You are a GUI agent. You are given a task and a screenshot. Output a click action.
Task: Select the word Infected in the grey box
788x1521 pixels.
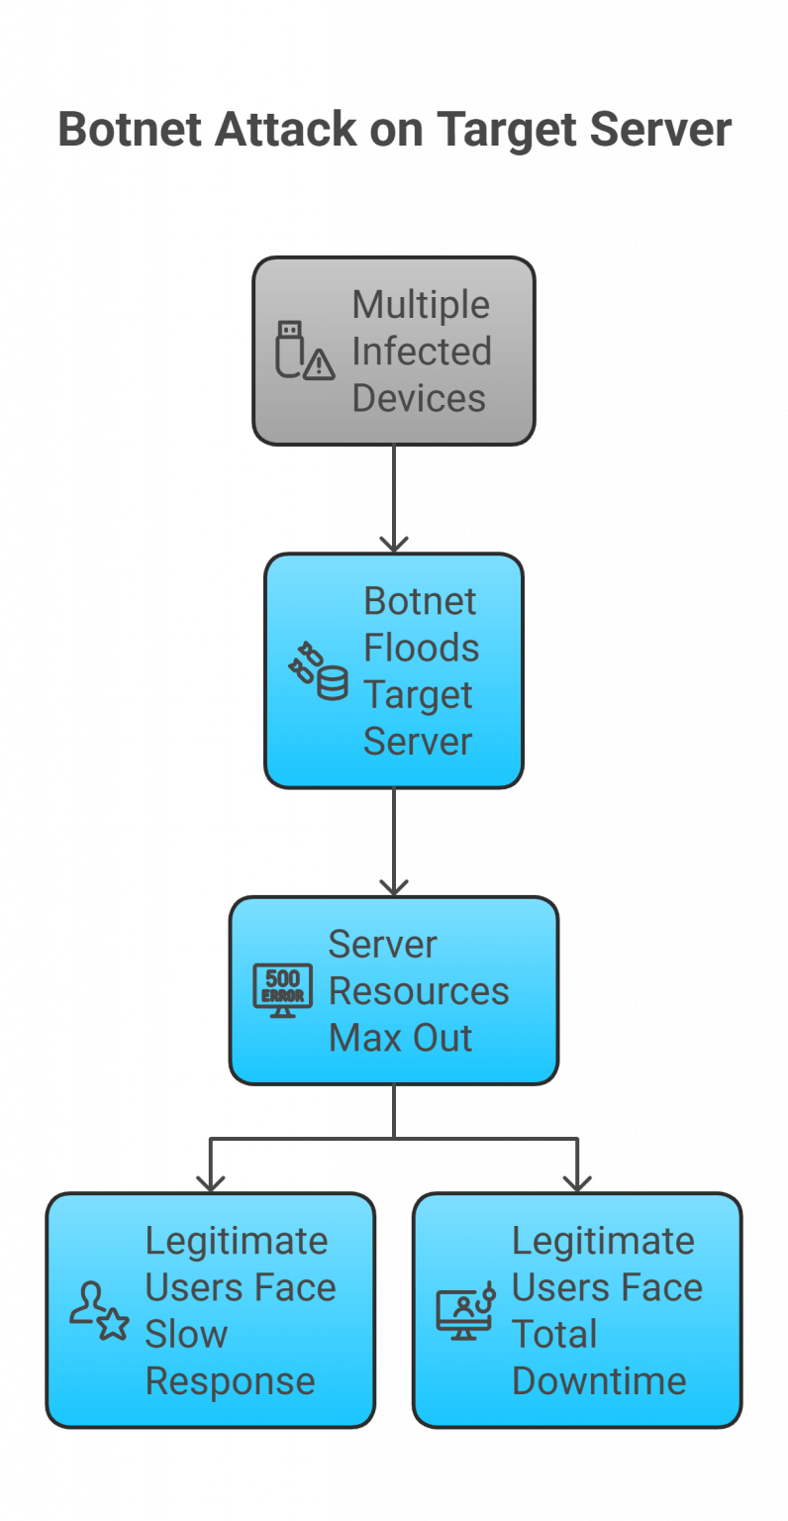click(x=422, y=352)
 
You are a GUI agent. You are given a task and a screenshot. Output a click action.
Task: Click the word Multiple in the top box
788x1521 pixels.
click(x=421, y=305)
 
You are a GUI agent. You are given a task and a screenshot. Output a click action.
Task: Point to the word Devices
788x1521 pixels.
click(x=419, y=398)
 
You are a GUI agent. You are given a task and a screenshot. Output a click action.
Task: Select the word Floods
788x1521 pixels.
click(x=421, y=649)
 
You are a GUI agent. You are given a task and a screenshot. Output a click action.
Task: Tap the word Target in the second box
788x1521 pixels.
click(x=418, y=695)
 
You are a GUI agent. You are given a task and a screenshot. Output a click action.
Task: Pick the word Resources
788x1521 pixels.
click(x=419, y=991)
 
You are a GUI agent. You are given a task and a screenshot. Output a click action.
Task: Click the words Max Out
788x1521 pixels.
click(x=400, y=1038)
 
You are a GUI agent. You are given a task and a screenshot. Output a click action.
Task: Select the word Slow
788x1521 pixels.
click(x=186, y=1334)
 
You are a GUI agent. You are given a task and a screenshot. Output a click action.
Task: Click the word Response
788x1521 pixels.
click(x=230, y=1381)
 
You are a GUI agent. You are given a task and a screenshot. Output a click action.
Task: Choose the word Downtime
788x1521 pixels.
click(x=599, y=1381)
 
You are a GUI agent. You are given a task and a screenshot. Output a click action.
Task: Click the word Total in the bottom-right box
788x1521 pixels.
click(x=554, y=1334)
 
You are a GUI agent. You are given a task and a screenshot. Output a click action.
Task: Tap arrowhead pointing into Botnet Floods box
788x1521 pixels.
click(x=394, y=544)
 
